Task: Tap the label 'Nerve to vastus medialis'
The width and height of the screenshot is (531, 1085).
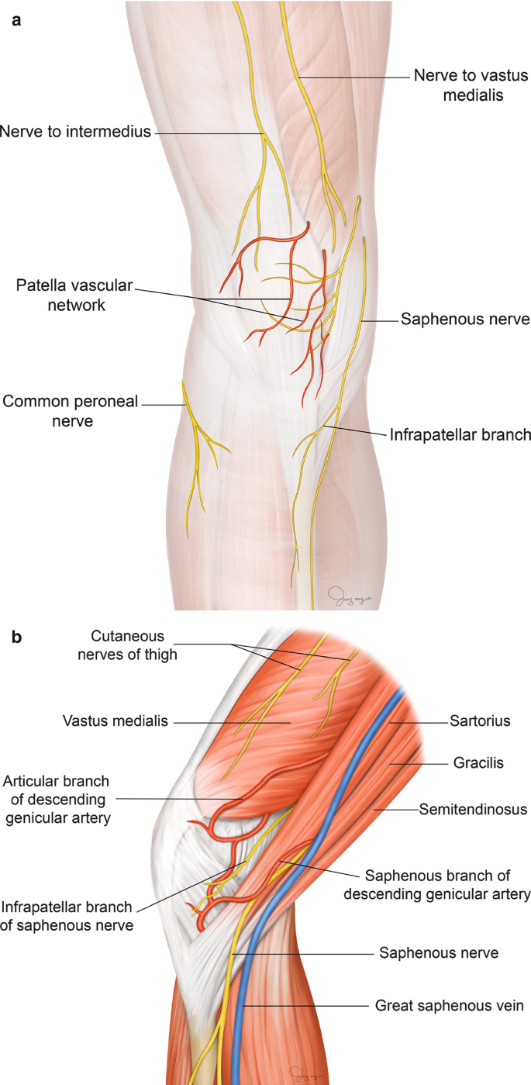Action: click(470, 86)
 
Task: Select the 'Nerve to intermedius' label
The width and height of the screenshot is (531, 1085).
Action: click(75, 132)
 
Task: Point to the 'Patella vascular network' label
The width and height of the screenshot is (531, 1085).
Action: click(74, 295)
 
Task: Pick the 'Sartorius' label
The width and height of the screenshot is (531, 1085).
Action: click(480, 720)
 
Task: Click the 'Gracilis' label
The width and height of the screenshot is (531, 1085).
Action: click(478, 763)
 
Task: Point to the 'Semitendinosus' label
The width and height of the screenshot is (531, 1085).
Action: click(473, 809)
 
